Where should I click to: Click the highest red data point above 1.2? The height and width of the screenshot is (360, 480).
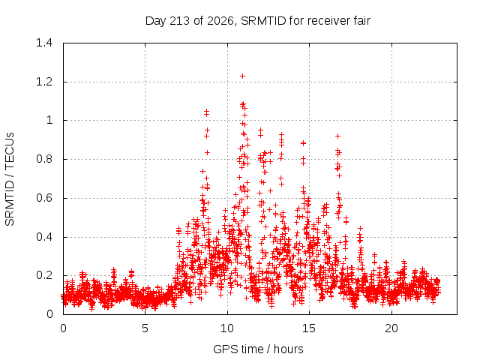click(x=242, y=76)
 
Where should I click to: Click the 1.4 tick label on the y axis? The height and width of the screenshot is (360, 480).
click(x=44, y=43)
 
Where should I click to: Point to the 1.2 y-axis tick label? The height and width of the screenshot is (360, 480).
click(x=44, y=82)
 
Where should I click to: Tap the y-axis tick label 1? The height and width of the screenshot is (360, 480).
click(x=49, y=120)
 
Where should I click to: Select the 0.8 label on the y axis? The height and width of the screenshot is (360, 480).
click(x=44, y=159)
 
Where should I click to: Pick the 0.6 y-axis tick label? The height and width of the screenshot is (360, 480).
click(x=44, y=198)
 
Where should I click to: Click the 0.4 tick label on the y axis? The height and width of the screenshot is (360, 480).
click(x=44, y=237)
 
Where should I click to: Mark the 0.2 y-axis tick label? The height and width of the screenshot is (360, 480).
click(x=44, y=275)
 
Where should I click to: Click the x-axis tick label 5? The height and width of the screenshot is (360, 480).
click(x=145, y=328)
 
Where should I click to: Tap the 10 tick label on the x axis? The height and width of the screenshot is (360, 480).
click(x=227, y=328)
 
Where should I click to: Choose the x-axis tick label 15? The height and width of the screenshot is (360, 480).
click(x=309, y=328)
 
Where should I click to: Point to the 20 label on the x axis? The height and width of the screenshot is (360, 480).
click(x=391, y=328)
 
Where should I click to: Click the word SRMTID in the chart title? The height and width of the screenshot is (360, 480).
click(x=263, y=21)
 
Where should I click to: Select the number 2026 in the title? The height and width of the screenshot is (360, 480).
click(x=220, y=21)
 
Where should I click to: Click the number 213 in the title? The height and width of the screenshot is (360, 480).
click(x=180, y=21)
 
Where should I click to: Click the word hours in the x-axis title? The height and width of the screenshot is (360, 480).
click(x=288, y=349)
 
